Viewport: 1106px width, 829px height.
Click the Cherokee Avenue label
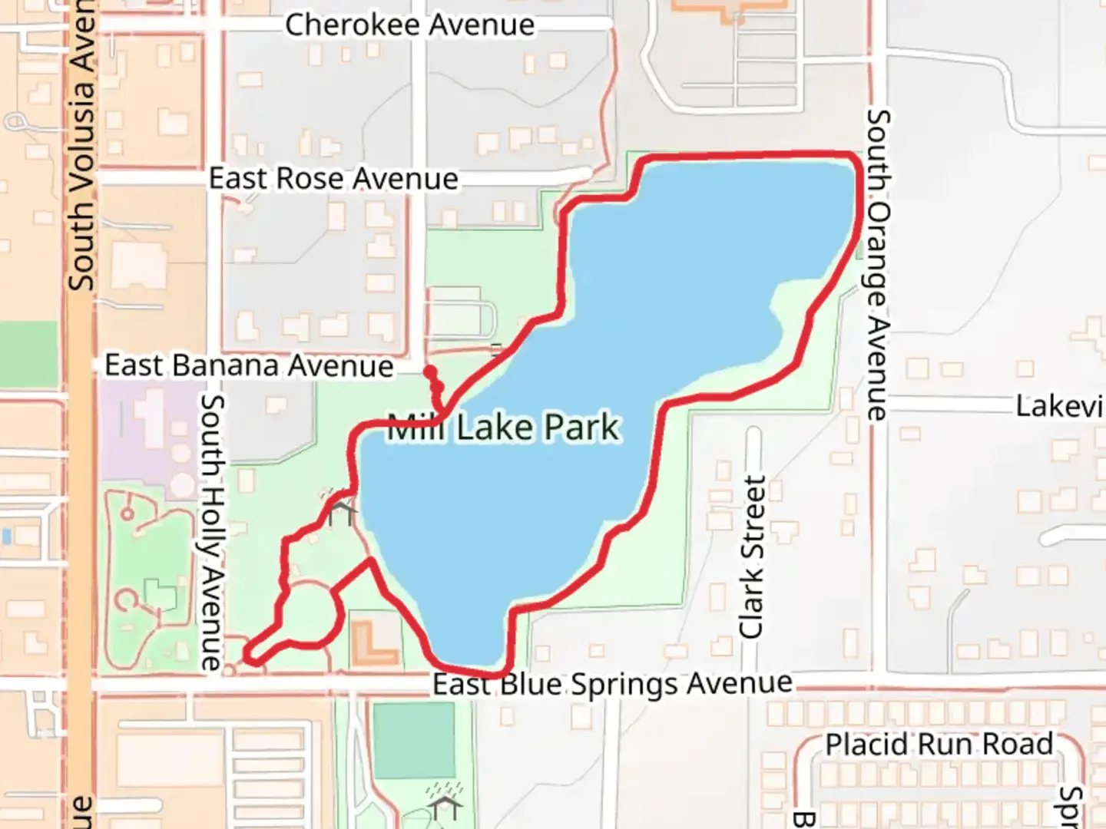pyautogui.click(x=409, y=25)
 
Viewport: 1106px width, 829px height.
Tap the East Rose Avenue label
pyautogui.click(x=333, y=179)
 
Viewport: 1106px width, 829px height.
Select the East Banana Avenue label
pyautogui.click(x=249, y=365)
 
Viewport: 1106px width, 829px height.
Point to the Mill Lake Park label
pyautogui.click(x=503, y=428)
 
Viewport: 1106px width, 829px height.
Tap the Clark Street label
pyautogui.click(x=752, y=557)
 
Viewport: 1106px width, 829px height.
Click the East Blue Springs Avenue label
pyautogui.click(x=612, y=683)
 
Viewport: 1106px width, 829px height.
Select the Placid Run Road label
pyautogui.click(x=939, y=745)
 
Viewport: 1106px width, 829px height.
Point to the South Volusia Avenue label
pyautogui.click(x=81, y=146)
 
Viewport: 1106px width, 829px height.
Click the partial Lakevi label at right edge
pyautogui.click(x=1060, y=406)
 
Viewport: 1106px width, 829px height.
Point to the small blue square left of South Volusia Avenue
pyautogui.click(x=7, y=536)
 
